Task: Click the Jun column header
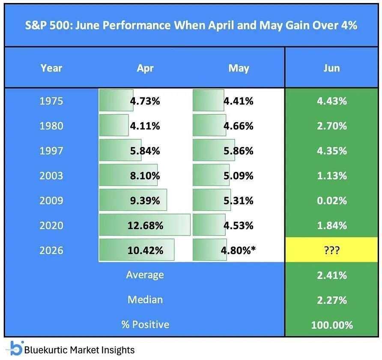pos(331,68)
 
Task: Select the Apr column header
pos(145,69)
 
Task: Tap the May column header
pos(239,69)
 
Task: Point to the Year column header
pos(51,68)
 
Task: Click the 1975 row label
pos(51,101)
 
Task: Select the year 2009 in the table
pos(51,201)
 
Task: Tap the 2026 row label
pos(51,250)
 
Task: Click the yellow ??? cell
pos(331,250)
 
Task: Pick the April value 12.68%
pos(146,225)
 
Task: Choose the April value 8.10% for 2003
pos(145,176)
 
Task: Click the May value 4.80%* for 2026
pos(238,250)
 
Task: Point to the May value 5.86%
pos(239,151)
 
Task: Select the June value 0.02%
pos(332,201)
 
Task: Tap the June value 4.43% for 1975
pos(332,101)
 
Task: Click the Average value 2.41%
pos(332,276)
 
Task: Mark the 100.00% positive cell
pos(332,325)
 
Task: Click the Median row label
pos(145,300)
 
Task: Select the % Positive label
pos(145,325)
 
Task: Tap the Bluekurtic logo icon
pos(15,348)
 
